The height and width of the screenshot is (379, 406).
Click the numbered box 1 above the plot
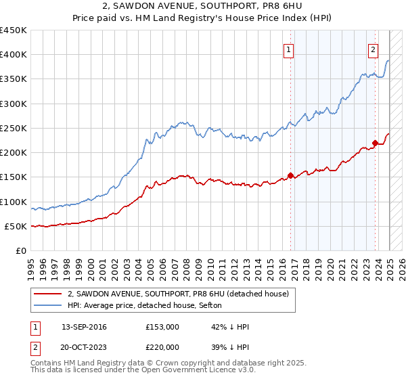[x=289, y=48]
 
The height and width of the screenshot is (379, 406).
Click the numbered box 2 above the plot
[x=373, y=48]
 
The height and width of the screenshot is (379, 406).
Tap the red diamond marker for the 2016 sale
[x=290, y=176]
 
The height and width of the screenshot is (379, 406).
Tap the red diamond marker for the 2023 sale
[x=375, y=143]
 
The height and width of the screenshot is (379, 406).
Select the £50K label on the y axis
[x=16, y=226]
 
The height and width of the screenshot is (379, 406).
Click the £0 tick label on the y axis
[x=20, y=250]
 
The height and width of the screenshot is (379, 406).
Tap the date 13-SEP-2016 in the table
[x=83, y=327]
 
